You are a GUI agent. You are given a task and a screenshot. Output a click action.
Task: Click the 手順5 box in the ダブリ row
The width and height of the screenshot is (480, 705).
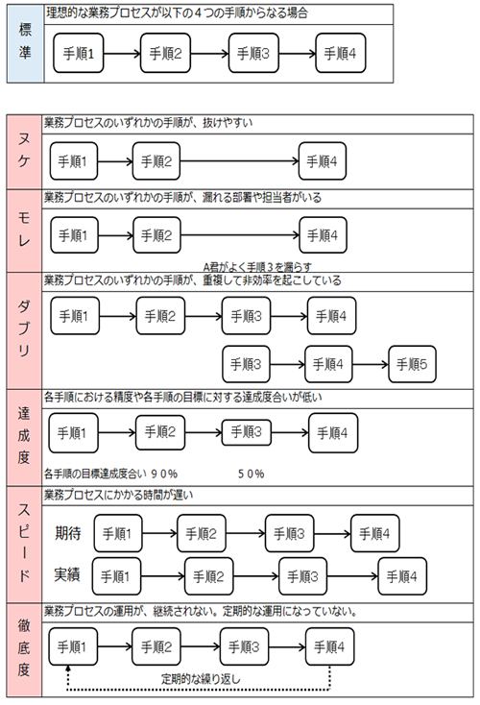click(x=412, y=364)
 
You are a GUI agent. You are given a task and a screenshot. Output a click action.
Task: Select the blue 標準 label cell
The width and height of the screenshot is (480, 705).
click(x=25, y=43)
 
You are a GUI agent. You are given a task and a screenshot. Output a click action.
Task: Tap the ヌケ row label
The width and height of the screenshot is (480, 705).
click(x=24, y=152)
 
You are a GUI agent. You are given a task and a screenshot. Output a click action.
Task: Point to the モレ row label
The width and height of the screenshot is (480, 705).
click(x=24, y=231)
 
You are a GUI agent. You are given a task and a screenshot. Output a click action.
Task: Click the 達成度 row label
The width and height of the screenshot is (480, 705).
click(x=24, y=437)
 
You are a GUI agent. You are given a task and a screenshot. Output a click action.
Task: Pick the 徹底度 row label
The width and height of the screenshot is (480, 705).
click(x=24, y=649)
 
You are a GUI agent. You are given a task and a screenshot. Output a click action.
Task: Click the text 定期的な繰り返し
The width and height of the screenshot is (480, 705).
click(x=201, y=679)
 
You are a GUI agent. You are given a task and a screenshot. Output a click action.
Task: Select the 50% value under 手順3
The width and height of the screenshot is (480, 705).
click(x=252, y=474)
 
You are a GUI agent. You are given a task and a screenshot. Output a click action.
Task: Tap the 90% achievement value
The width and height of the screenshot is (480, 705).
click(x=164, y=474)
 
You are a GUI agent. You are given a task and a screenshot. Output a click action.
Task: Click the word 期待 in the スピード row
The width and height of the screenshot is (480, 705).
click(x=68, y=533)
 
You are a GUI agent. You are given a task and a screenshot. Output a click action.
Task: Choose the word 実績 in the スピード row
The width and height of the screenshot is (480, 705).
click(x=67, y=574)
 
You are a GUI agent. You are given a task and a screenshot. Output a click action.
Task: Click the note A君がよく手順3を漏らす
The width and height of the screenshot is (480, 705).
click(x=257, y=267)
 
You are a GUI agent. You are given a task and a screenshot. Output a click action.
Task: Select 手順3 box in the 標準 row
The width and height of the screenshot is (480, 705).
click(x=253, y=53)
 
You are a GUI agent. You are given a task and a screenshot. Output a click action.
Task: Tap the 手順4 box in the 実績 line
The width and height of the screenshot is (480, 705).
click(x=402, y=576)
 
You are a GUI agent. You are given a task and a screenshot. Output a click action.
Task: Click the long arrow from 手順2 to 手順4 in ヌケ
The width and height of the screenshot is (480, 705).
click(x=240, y=161)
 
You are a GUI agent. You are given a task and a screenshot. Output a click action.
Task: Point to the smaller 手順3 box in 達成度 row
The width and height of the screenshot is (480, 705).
click(x=247, y=432)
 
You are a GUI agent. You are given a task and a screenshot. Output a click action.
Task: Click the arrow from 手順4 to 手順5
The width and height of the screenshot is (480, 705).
click(x=371, y=364)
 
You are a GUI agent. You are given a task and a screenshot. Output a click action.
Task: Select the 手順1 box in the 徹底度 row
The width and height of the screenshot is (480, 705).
click(x=73, y=647)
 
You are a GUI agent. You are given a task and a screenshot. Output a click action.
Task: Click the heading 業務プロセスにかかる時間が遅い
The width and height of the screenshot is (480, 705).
click(x=119, y=496)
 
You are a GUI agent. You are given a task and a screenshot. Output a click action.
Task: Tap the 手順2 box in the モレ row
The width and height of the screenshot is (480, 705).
click(x=156, y=235)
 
